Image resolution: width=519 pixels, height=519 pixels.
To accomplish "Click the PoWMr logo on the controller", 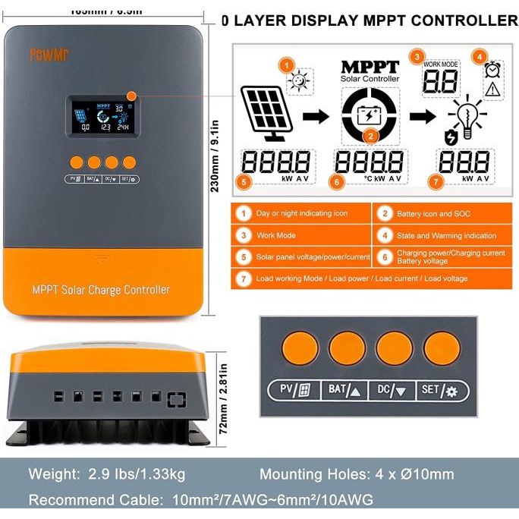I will click(x=48, y=55).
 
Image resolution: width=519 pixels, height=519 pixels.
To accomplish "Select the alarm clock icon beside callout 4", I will click(x=492, y=70).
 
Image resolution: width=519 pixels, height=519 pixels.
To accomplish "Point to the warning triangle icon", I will click(x=492, y=90).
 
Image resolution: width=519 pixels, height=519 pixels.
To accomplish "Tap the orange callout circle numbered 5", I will click(x=244, y=182).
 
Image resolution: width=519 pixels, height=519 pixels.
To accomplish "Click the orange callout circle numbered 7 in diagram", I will click(x=435, y=182).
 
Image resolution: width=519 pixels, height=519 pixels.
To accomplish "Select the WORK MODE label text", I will click(x=440, y=64).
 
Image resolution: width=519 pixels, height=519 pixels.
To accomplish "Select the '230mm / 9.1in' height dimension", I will click(x=215, y=152).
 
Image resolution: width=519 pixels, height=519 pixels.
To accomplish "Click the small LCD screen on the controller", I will click(x=98, y=116).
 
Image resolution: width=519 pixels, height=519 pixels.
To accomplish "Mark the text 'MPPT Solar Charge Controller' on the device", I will click(x=101, y=290).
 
